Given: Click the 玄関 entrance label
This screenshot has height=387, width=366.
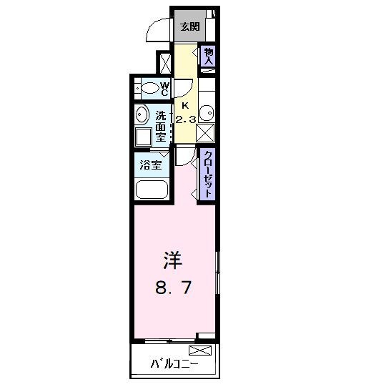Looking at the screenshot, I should [189, 28].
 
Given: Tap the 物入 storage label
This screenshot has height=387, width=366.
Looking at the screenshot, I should [209, 57].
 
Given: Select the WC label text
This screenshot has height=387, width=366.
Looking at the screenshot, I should [164, 89].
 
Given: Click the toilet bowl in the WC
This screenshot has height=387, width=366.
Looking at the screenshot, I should [149, 89].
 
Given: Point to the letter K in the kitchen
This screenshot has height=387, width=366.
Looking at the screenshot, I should [185, 104].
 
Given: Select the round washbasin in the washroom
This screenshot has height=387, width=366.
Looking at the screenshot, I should [141, 115].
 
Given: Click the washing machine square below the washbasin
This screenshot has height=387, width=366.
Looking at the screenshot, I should [143, 138].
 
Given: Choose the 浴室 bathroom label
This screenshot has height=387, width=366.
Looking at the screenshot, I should [150, 165].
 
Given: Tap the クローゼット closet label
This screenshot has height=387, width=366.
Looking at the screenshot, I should [208, 174].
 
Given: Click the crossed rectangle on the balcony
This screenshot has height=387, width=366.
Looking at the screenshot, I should [200, 351].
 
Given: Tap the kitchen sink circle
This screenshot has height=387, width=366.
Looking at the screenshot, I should [207, 113].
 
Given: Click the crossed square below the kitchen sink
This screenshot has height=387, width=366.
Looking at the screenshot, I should [207, 134].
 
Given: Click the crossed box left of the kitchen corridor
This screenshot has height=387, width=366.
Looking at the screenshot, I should [166, 63].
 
